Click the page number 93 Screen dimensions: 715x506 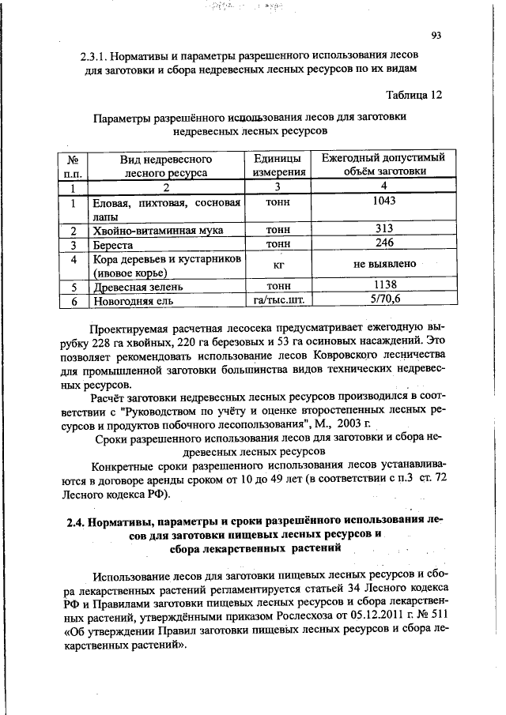pyautogui.click(x=436, y=35)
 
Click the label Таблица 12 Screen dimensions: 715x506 pyautogui.click(x=413, y=96)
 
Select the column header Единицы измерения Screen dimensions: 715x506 pyautogui.click(x=278, y=164)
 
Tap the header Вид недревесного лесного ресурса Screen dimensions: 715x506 pyautogui.click(x=166, y=164)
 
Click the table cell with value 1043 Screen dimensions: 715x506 pyautogui.click(x=383, y=201)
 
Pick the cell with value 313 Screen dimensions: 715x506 pyautogui.click(x=383, y=229)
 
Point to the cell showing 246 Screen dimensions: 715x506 pyautogui.click(x=383, y=243)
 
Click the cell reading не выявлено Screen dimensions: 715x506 pyautogui.click(x=383, y=265)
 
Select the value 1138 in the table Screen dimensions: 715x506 pyautogui.click(x=383, y=285)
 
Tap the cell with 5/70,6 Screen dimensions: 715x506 pyautogui.click(x=383, y=299)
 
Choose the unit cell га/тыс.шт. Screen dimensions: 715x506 pyautogui.click(x=278, y=300)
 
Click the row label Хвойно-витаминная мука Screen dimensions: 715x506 pyautogui.click(x=157, y=230)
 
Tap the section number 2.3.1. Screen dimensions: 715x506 pyautogui.click(x=95, y=58)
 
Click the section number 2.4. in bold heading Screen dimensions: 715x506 pyautogui.click(x=75, y=521)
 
